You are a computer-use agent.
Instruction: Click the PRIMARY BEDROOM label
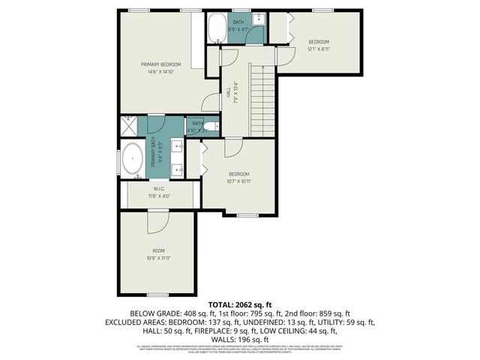tap(161, 64)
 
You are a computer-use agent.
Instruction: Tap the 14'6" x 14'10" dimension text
tap(161, 72)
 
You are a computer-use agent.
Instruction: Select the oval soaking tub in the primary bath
tap(133, 159)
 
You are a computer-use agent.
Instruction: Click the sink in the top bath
tap(257, 18)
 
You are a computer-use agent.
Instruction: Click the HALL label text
tap(228, 92)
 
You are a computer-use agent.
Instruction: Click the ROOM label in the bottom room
tap(158, 250)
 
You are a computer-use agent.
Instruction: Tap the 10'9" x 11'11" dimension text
tap(158, 258)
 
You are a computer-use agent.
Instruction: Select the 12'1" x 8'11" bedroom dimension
tap(319, 49)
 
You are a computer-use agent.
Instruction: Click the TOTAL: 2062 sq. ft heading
tap(239, 304)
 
